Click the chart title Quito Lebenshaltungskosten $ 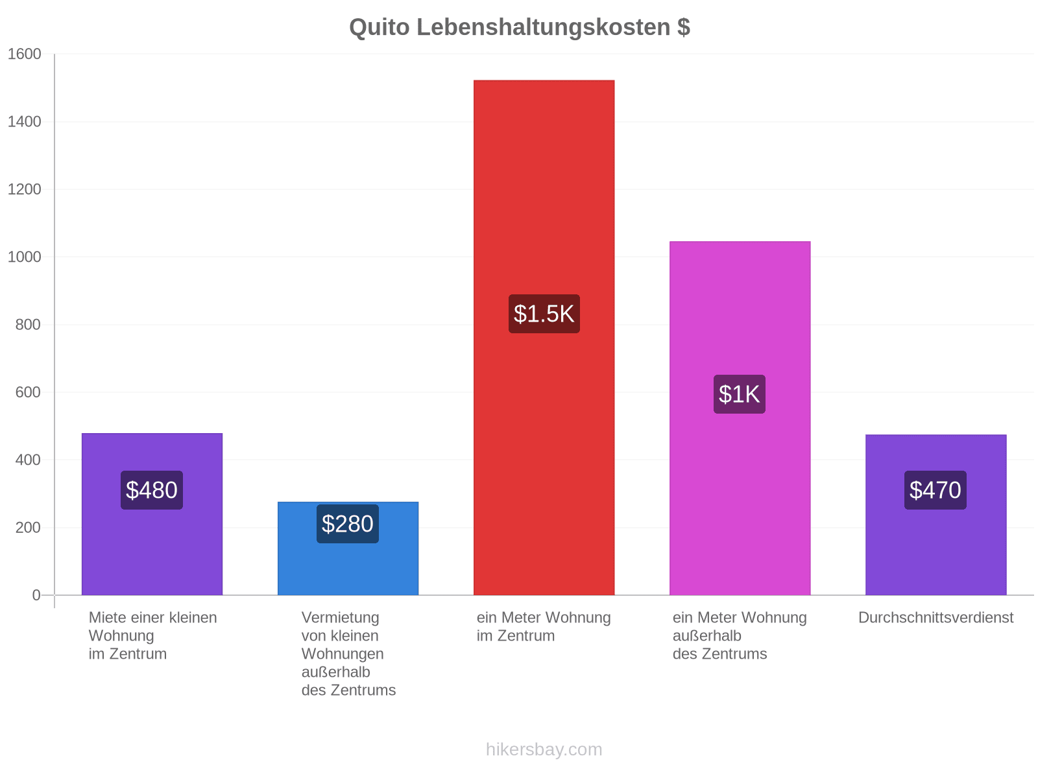[x=519, y=27]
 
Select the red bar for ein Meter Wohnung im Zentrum [x=544, y=337]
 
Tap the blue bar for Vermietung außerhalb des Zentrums [x=348, y=548]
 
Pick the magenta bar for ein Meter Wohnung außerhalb [x=740, y=418]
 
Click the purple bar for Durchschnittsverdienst [x=935, y=514]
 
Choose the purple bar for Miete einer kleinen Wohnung [x=152, y=514]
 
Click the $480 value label [x=152, y=490]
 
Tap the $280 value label [x=348, y=523]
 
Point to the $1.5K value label [x=544, y=314]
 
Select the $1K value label [x=739, y=394]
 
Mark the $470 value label [x=935, y=490]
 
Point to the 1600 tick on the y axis [x=24, y=54]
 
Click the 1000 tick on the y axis [x=24, y=257]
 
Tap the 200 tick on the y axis [x=28, y=527]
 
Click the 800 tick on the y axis [x=28, y=325]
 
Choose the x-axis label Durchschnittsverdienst [x=935, y=617]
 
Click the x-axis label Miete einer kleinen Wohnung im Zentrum [x=152, y=635]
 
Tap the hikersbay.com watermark [x=544, y=749]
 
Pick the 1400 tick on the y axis [x=24, y=122]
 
